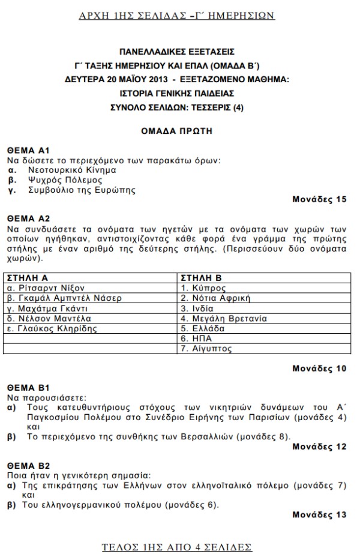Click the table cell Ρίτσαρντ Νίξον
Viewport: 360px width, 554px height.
click(43, 288)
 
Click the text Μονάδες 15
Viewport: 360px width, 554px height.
click(320, 199)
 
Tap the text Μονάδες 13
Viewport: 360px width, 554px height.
click(320, 514)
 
